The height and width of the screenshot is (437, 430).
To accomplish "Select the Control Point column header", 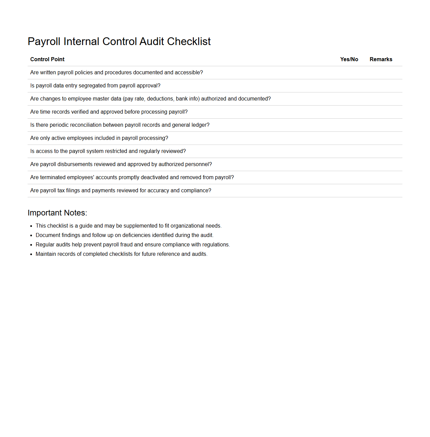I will (47, 59).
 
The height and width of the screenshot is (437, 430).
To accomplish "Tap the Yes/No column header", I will (349, 59).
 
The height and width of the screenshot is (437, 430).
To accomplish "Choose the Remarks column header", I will (381, 59).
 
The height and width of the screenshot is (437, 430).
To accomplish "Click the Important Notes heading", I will (57, 213).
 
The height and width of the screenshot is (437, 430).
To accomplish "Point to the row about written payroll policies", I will (116, 73).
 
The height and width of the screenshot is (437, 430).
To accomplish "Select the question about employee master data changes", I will (150, 99).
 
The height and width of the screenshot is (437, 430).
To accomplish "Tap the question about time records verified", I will (109, 112).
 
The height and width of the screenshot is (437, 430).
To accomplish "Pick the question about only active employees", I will (99, 138).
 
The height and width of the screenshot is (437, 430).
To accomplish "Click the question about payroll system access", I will (108, 151).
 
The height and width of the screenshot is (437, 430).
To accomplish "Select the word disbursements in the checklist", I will (76, 164).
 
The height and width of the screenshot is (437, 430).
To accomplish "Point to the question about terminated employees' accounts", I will (132, 177).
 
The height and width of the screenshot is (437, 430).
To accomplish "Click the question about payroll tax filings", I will (120, 191).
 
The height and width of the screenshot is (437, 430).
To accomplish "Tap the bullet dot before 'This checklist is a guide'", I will (31, 226).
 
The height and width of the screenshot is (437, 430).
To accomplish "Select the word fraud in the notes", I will (127, 245).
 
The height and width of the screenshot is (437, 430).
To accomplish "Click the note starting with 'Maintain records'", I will (121, 254).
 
